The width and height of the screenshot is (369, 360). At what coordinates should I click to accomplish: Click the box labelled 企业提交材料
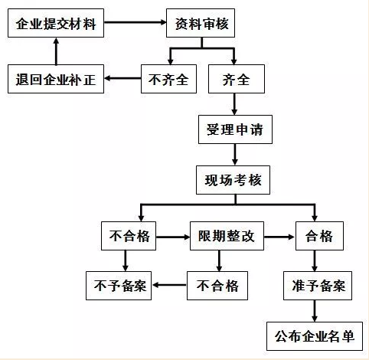point(56,23)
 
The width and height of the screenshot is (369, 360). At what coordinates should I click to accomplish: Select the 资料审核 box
point(201,23)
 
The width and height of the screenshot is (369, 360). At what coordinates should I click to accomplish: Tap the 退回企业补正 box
point(56,79)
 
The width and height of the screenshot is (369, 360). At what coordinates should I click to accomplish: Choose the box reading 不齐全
point(168,79)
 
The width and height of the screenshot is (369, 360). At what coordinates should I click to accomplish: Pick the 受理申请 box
point(235,129)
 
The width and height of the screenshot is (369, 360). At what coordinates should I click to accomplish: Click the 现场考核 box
point(233,180)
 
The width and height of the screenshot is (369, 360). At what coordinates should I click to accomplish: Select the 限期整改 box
point(227,236)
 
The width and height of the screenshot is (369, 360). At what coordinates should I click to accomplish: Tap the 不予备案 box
point(119,286)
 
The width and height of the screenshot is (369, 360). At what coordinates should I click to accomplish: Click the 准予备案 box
point(318,286)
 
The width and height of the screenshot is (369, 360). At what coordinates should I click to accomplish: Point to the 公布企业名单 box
point(315,336)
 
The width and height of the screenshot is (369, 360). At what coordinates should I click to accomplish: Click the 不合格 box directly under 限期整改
point(217,286)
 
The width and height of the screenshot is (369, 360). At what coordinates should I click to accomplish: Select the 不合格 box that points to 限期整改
point(129,236)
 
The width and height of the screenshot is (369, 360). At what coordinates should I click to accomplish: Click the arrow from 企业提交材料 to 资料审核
point(136,22)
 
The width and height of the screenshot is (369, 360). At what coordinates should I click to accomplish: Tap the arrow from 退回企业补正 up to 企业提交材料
point(56,51)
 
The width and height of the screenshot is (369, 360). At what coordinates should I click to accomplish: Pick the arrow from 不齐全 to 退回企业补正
point(122,78)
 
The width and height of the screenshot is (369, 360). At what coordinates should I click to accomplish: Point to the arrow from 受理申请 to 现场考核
point(235,155)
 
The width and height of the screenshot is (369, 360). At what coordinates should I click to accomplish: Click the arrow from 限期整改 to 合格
point(279,237)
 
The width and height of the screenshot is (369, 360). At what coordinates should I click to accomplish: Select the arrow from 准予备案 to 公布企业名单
point(315,311)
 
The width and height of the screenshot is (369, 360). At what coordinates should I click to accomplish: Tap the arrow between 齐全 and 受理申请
point(234,104)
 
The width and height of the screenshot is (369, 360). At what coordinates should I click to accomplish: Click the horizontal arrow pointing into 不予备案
point(169,285)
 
